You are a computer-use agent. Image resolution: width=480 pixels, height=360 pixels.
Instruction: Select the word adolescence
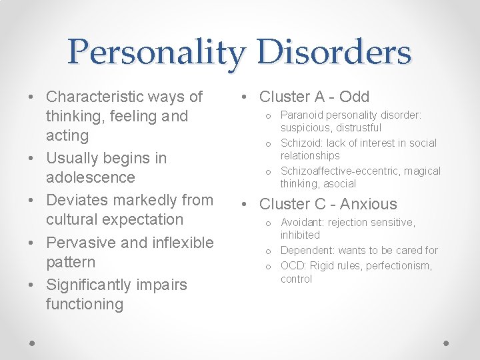[90, 177]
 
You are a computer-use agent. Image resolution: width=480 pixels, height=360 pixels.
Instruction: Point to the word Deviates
[75, 200]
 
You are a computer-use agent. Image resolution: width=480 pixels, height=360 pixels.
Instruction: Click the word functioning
[85, 305]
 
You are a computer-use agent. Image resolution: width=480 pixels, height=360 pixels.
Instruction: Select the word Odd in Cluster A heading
[354, 97]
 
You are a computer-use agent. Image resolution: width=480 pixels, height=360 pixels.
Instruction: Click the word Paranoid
[304, 115]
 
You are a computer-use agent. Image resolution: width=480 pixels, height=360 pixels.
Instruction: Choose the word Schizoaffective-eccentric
[341, 171]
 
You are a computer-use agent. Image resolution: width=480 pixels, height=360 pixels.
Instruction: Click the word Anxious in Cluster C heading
[368, 204]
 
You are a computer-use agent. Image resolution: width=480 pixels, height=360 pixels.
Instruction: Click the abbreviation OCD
[292, 266]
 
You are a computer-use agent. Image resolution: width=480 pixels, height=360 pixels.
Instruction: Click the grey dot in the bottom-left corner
[33, 343]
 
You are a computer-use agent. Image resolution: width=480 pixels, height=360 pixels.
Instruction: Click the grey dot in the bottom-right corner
[447, 343]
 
